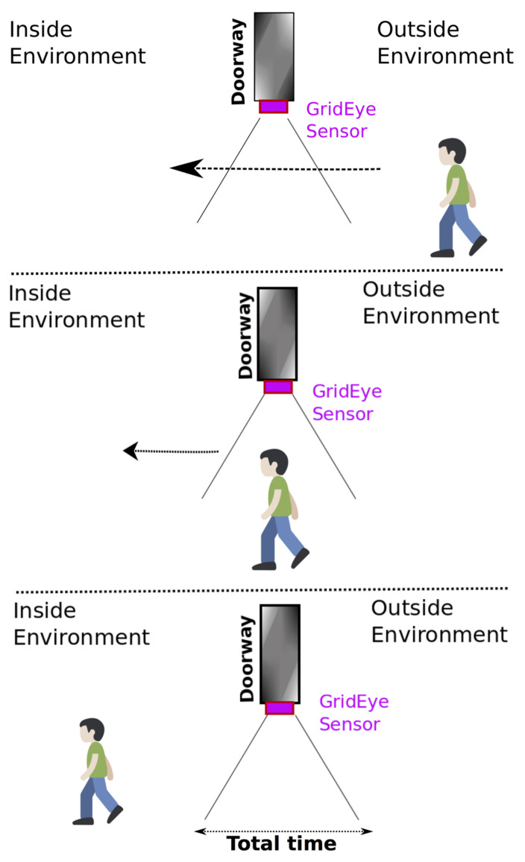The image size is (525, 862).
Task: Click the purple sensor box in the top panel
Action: tap(273, 107)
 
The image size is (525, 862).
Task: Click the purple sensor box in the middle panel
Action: tap(277, 387)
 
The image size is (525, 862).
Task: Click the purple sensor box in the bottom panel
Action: tap(280, 708)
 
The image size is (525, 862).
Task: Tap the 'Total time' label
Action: tap(281, 844)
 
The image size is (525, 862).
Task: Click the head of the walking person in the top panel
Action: tap(451, 152)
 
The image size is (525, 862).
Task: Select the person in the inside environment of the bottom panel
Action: tap(96, 771)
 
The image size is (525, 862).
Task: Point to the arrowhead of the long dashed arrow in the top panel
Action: tap(185, 168)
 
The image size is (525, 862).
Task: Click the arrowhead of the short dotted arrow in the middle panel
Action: tap(131, 451)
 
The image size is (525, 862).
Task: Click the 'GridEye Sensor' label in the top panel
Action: tap(341, 121)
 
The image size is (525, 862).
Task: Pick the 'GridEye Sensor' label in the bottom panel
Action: tap(353, 713)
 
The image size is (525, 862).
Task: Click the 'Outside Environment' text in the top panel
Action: tap(444, 43)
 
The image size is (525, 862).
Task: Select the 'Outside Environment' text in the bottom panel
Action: tap(438, 621)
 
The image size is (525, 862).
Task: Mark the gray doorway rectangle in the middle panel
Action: tap(277, 334)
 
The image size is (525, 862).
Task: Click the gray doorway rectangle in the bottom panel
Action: tap(280, 653)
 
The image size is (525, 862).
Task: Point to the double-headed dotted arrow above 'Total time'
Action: tap(283, 831)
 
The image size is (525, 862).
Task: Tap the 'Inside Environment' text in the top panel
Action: tap(76, 43)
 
